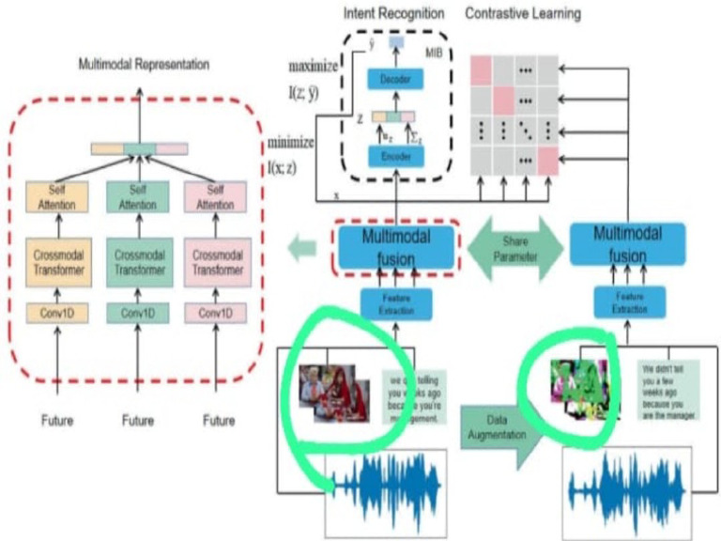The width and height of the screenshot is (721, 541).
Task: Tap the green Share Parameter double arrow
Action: pos(514,242)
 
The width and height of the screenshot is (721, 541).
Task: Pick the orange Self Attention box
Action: pos(58,197)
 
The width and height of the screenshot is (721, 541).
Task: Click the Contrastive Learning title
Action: pos(524,13)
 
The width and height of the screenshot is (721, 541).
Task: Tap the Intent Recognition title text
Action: pos(388,13)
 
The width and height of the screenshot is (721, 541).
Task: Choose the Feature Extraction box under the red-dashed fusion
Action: pos(395,301)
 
